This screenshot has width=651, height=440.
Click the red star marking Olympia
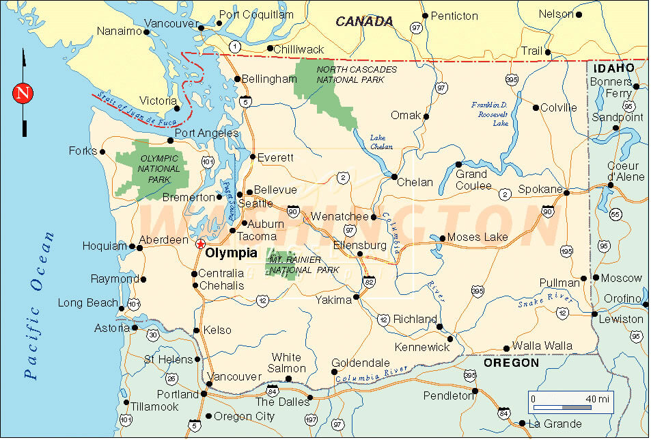coord(199,244)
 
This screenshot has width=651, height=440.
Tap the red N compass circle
coord(24,92)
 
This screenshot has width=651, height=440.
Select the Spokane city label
coord(540,189)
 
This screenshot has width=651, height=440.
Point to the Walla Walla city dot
coord(506,348)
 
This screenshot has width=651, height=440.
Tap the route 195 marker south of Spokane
coord(566,253)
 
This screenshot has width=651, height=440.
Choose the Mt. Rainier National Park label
coord(304,265)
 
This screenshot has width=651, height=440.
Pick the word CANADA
coord(364,22)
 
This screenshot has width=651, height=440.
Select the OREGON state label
coord(511,363)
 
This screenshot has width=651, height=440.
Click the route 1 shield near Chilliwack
coord(235,47)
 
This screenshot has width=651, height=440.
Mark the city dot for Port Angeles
coord(171,141)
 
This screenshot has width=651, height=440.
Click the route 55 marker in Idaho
coord(615,215)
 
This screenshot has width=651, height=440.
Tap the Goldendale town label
coord(360,363)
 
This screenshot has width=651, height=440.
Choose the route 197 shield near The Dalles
coord(311,419)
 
